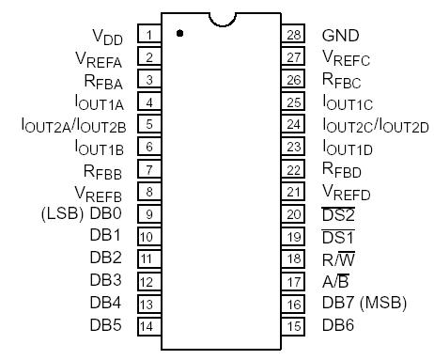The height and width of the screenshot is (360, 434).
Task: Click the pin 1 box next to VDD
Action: point(147,36)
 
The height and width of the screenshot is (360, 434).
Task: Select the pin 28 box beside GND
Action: point(294,36)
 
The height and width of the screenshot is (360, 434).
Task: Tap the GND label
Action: point(340,36)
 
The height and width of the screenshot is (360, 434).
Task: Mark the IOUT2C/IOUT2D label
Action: point(375,125)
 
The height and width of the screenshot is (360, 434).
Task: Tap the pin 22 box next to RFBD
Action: point(294,169)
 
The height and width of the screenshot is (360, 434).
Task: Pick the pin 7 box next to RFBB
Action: point(147,169)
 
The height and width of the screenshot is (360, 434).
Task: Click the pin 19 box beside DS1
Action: point(294,236)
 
